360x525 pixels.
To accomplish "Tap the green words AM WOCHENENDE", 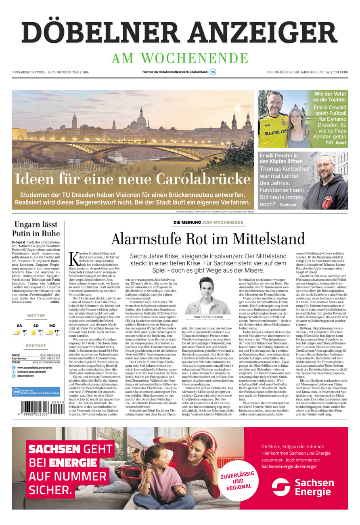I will coord(180,58).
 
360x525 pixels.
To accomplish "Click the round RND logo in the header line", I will coord(213,72).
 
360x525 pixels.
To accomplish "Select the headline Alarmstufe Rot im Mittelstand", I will coord(208,239).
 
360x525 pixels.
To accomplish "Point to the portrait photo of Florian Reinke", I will coord(208,296).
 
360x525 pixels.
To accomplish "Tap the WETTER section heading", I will coord(36,316).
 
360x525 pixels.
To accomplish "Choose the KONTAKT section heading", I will coord(36,346).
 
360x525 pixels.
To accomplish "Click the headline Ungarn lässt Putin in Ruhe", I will coord(36,229).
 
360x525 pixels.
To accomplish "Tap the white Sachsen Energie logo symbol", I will coord(280,487).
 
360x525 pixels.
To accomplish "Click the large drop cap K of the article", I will coord(74,259).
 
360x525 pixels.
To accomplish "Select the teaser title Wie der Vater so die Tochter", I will coord(330,97).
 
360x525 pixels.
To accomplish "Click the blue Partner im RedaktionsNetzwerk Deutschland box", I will coord(36,392).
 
